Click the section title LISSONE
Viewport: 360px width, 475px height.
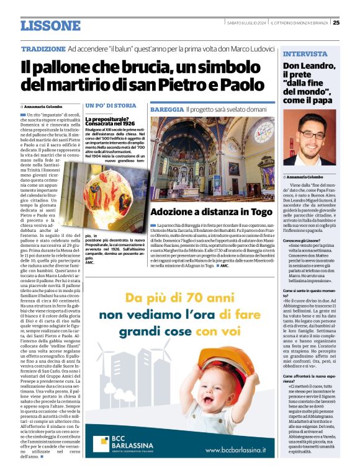point(50,25)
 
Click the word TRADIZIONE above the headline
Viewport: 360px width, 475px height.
point(43,48)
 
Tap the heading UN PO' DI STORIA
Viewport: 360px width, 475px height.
point(110,105)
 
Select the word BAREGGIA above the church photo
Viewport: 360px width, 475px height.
point(166,109)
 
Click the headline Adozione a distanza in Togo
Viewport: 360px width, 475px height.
point(211,211)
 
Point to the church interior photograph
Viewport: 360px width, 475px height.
point(212,157)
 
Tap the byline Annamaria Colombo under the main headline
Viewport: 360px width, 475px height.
point(48,107)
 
